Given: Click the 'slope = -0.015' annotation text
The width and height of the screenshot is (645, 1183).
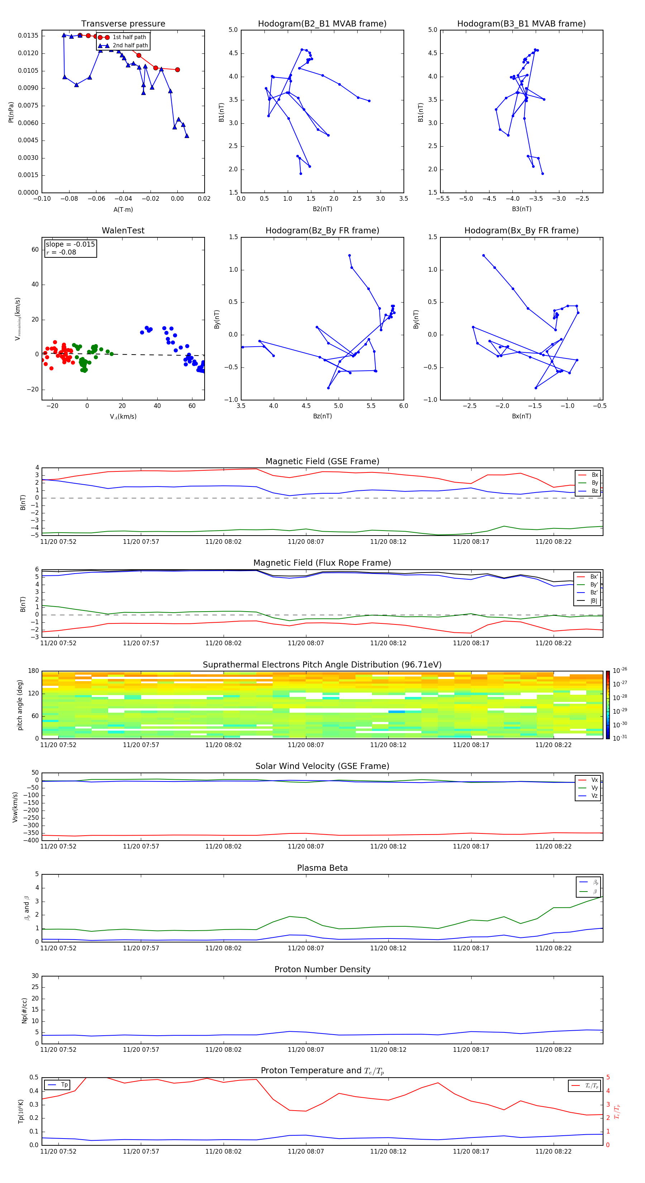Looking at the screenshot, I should point(70,244).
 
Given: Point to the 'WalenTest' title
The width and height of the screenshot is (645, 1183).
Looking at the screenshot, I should point(123,231).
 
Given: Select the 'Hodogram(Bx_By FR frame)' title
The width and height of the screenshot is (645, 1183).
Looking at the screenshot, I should point(521,231).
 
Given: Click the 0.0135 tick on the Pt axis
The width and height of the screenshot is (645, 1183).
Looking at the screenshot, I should point(28,36).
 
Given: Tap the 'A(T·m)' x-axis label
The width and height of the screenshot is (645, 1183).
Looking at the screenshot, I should point(123,209).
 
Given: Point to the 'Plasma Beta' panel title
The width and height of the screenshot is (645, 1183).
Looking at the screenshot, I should point(322,868).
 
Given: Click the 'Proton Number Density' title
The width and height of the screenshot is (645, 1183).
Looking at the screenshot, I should point(322,969).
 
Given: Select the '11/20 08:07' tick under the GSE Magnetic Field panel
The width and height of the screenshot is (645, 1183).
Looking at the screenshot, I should point(306,542).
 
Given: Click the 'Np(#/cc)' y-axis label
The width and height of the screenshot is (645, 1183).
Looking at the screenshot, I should point(24,1010).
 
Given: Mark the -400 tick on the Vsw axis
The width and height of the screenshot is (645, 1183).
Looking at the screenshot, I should point(31,840).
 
